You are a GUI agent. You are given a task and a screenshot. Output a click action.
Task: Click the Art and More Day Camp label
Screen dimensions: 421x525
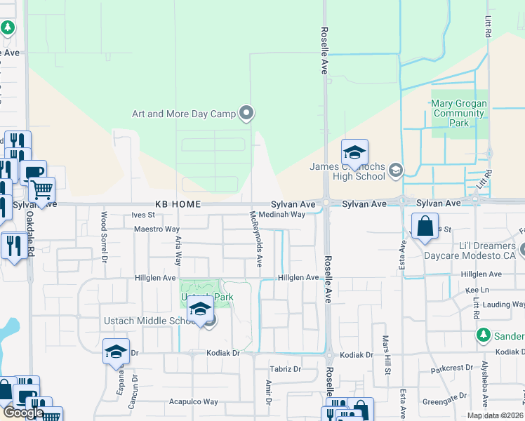(184, 114)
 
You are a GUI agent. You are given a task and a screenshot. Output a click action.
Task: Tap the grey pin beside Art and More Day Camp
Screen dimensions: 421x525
(246, 112)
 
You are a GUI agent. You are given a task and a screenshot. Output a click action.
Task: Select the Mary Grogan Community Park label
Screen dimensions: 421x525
(458, 113)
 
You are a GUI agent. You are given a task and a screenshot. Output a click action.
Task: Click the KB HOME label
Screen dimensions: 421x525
(178, 204)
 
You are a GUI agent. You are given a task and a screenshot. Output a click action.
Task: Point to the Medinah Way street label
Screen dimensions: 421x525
(281, 215)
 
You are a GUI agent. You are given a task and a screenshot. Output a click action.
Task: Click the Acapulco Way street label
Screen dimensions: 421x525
(193, 402)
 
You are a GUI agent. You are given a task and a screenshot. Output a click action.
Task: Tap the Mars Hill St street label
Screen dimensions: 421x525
(385, 354)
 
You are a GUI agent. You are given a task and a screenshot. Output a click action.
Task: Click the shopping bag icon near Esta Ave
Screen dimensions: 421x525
(425, 227)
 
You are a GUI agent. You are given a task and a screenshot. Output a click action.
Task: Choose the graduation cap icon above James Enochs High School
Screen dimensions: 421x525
(354, 152)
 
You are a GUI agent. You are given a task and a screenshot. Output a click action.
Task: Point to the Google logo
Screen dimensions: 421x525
(23, 413)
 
